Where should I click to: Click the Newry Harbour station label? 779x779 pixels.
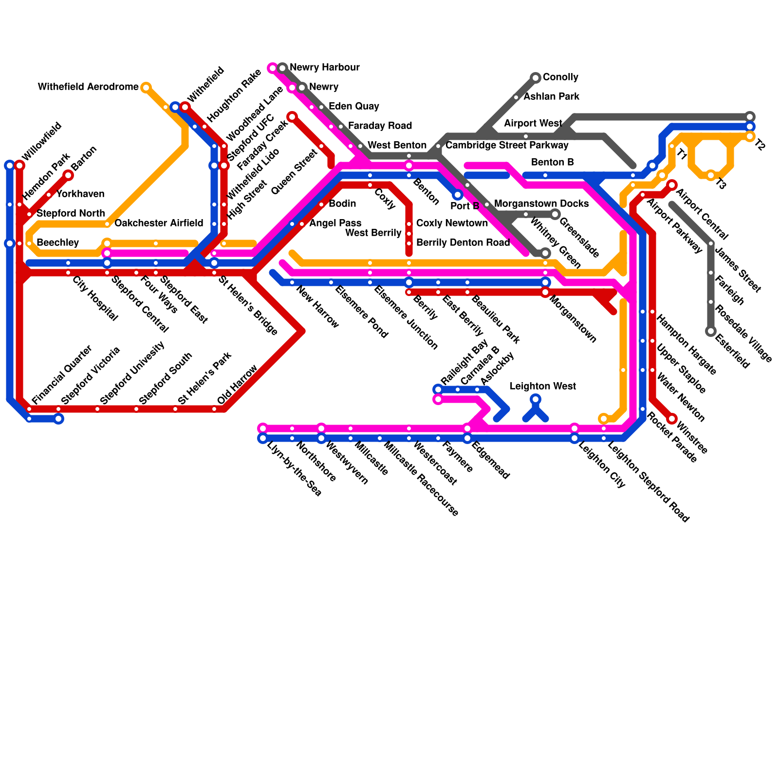(324, 67)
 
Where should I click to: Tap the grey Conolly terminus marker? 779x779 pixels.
(536, 77)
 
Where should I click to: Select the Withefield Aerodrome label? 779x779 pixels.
(88, 87)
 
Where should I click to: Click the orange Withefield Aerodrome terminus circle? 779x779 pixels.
(146, 88)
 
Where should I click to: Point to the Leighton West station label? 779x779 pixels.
(542, 387)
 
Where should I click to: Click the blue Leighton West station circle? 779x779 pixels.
(536, 399)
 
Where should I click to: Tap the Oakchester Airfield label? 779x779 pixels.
(159, 223)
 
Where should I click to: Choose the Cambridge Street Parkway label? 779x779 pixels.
(506, 146)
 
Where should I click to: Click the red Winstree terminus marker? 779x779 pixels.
(672, 419)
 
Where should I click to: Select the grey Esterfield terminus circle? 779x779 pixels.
(711, 332)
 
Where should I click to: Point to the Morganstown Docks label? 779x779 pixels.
(541, 204)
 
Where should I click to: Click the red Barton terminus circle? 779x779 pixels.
(68, 175)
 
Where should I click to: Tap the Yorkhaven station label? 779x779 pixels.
(80, 194)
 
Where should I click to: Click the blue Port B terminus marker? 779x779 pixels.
(458, 195)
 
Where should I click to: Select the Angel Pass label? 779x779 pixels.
(335, 223)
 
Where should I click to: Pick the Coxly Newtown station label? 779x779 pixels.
(452, 223)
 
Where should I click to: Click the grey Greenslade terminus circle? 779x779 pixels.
(555, 214)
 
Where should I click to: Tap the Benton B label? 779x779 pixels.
(552, 163)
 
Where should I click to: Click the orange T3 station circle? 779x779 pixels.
(711, 175)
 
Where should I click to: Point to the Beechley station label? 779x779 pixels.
(57, 243)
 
